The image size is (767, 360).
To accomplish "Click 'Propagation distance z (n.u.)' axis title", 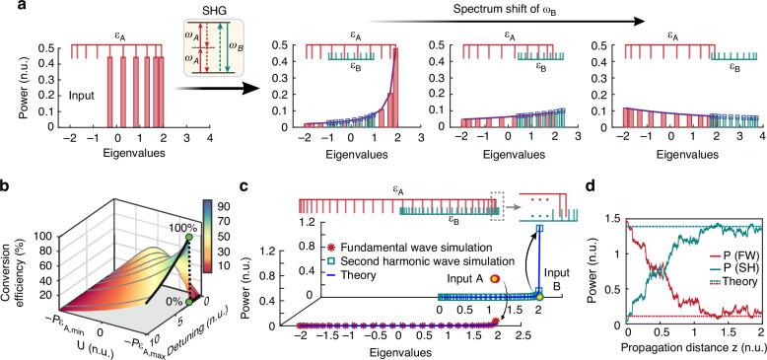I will (x=682, y=349).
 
